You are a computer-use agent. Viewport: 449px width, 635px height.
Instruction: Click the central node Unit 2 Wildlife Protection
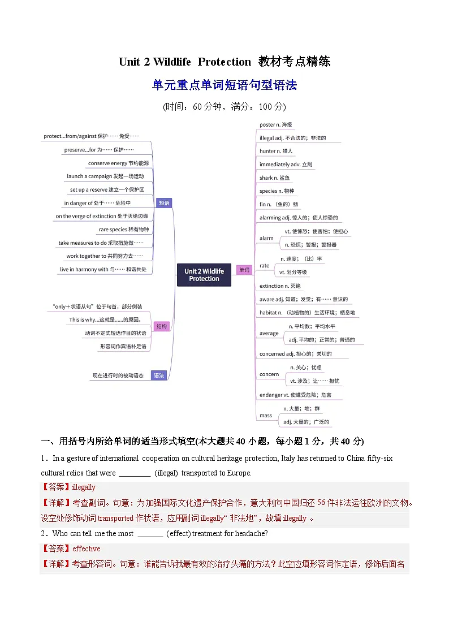click(x=204, y=275)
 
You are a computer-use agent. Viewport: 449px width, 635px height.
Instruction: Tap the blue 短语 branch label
click(x=164, y=202)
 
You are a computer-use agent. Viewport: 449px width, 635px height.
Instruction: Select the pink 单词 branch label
click(x=244, y=270)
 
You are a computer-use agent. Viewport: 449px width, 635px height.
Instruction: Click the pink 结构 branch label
click(x=162, y=326)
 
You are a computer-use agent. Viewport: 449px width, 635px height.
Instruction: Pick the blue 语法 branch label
click(x=159, y=375)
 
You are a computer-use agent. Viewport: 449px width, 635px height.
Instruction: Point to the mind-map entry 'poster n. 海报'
click(x=276, y=124)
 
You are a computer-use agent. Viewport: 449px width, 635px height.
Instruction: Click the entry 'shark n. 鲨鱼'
click(x=275, y=178)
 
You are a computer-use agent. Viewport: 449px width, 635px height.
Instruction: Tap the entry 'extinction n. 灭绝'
click(x=280, y=286)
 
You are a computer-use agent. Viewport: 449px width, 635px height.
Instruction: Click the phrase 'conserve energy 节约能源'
click(x=118, y=163)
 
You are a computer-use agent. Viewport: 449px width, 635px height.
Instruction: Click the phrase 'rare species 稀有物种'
click(x=123, y=230)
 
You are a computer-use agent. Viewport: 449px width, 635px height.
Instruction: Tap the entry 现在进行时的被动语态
click(x=118, y=375)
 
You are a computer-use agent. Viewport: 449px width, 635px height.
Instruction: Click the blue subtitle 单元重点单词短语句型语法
click(x=225, y=85)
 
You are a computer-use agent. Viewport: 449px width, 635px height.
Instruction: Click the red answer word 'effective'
click(x=86, y=548)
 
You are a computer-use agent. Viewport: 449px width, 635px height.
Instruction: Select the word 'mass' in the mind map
click(x=266, y=416)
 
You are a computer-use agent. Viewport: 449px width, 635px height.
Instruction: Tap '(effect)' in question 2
click(x=178, y=533)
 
